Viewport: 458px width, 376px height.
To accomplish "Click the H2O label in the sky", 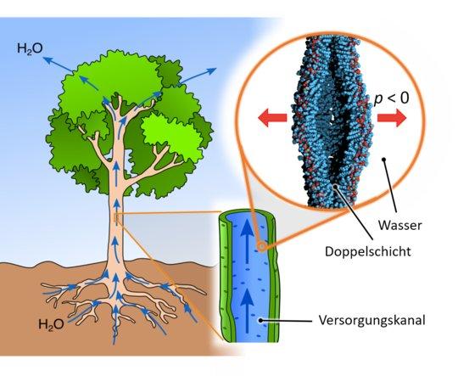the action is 30,49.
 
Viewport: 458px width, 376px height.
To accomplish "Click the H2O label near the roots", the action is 51,324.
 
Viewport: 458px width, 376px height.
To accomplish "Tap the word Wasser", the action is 400,226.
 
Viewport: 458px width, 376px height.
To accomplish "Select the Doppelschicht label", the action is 368,251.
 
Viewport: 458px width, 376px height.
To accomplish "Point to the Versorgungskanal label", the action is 371,321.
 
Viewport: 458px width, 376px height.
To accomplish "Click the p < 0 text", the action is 392,98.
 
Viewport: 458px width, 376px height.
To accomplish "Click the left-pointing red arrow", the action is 272,118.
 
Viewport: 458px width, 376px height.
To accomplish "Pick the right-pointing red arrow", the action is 392,118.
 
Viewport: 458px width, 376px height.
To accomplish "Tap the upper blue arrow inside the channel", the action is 248,240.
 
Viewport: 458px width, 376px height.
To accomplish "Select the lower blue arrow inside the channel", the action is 248,311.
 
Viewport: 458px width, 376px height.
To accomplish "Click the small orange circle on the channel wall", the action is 261,247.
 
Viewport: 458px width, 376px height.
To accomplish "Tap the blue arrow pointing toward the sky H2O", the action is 59,65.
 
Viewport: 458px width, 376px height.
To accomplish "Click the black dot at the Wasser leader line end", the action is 384,160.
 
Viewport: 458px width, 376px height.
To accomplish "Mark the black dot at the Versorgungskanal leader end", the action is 261,321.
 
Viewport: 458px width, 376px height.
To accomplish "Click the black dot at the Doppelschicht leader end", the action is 336,186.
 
